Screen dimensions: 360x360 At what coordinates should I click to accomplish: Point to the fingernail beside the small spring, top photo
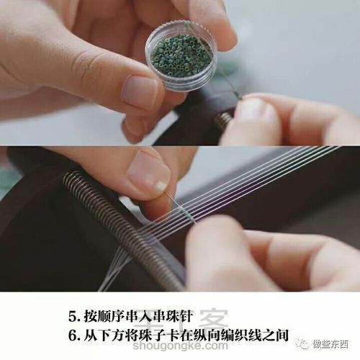pos(252,109)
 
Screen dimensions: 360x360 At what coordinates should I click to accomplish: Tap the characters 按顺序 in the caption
pos(109,315)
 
